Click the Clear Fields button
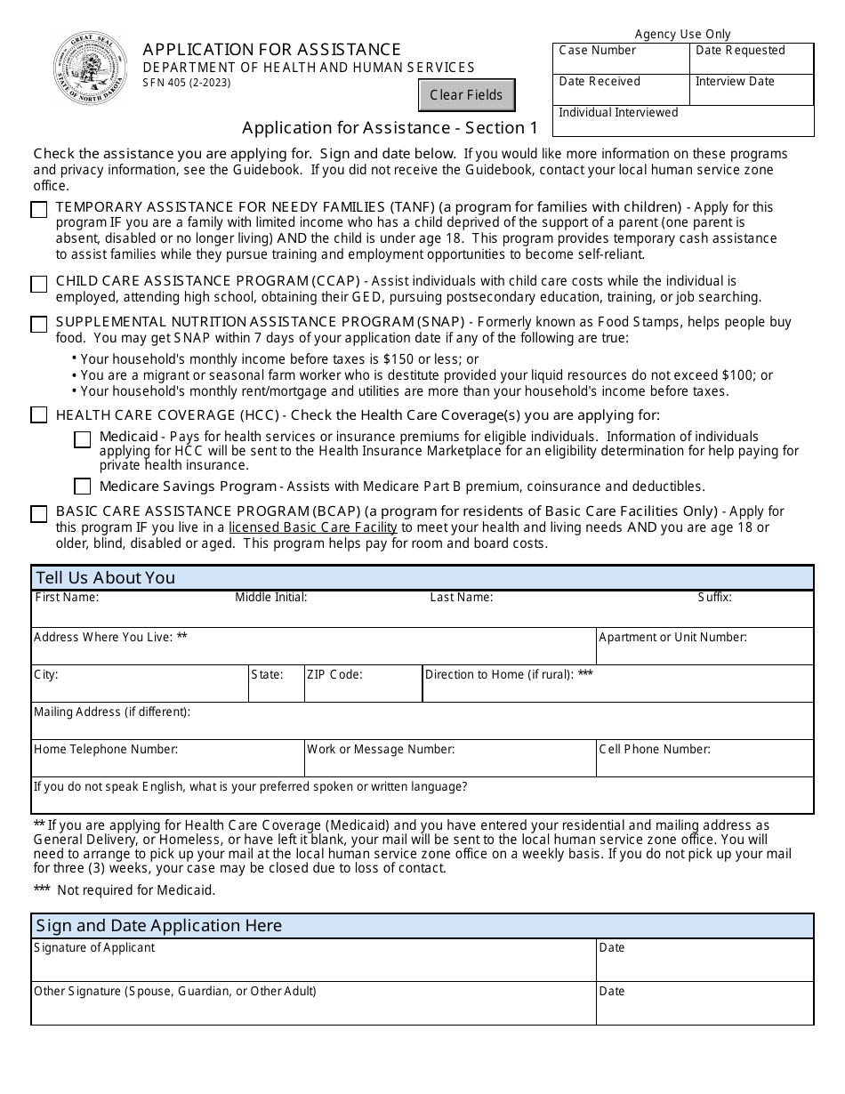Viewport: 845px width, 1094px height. [466, 95]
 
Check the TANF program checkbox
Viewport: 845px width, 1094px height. [39, 211]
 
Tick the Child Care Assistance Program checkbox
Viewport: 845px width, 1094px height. [39, 285]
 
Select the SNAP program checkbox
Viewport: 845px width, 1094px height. [39, 325]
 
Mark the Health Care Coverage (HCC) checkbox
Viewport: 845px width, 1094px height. [39, 415]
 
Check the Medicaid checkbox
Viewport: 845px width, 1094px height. [83, 439]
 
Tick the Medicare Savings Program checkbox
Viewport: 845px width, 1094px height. [83, 487]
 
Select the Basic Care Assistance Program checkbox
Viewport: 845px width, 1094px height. [39, 514]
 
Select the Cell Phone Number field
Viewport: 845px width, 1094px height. [704, 763]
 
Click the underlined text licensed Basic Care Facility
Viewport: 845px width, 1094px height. [313, 527]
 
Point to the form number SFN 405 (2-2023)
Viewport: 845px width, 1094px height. [187, 84]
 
